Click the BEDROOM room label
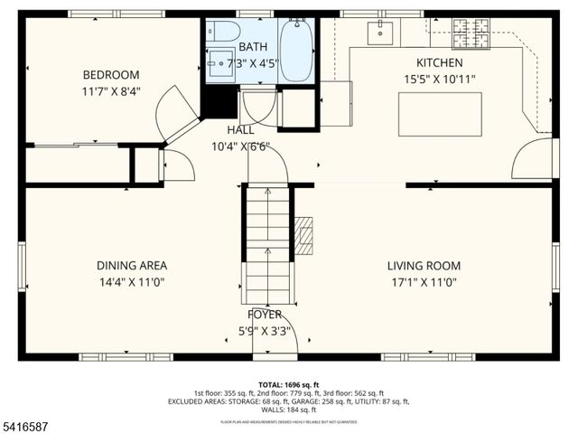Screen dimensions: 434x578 pos(111,75)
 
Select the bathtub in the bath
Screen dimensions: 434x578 pos(294,51)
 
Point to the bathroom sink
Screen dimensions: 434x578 pos(220,65)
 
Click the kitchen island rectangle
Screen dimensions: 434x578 pos(440,114)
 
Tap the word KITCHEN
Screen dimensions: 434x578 pos(439,63)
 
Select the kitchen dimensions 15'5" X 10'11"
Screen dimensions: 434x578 pos(439,79)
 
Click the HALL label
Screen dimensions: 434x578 pos(240,130)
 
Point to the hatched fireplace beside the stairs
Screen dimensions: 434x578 pos(304,237)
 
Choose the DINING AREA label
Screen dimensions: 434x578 pos(132,266)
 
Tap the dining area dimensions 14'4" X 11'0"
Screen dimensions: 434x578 pos(132,281)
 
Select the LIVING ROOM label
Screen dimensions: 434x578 pos(424,266)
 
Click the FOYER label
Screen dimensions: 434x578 pos(265,315)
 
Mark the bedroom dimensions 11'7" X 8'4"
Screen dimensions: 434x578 pos(111,90)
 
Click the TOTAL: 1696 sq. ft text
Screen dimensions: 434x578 pos(288,384)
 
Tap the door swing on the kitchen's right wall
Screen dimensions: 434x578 pos(532,159)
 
